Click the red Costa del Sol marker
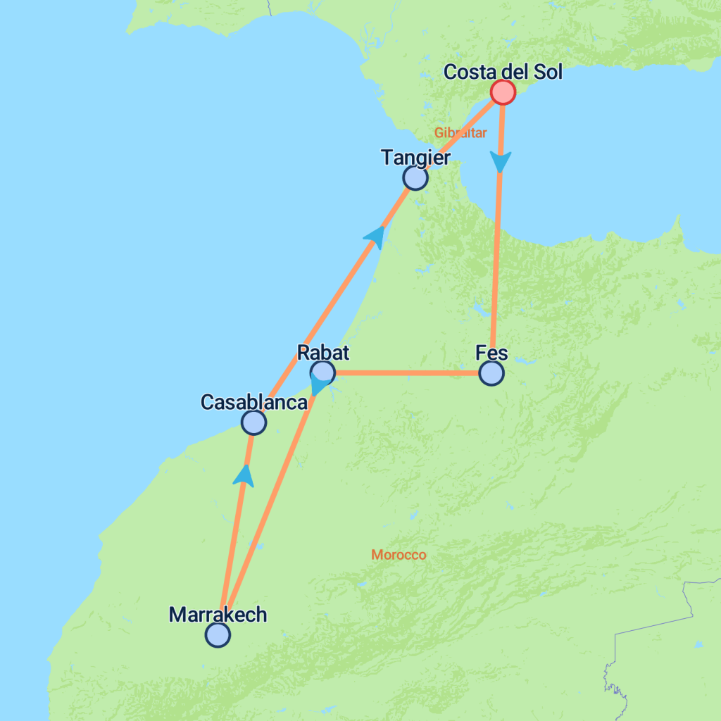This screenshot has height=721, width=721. [x=503, y=92]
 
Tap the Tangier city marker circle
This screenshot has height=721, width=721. [x=415, y=178]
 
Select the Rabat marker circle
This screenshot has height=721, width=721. [x=322, y=372]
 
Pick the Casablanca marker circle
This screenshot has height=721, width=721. [x=253, y=422]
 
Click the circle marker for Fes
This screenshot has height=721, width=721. [x=491, y=373]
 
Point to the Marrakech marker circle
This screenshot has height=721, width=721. [x=218, y=635]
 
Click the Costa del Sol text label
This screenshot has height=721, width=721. [x=503, y=72]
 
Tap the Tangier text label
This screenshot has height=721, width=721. [x=415, y=158]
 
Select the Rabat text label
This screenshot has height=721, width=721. [x=323, y=352]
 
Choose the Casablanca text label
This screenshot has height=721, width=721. [x=254, y=402]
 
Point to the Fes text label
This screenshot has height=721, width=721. [x=491, y=352]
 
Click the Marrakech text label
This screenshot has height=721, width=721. [x=218, y=615]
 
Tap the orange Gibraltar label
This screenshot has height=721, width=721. [x=460, y=132]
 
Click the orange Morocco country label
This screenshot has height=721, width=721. [x=399, y=556]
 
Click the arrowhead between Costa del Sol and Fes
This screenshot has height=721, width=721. [x=501, y=163]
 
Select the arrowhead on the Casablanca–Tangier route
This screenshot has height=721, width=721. [x=375, y=237]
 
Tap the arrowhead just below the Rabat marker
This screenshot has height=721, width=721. [x=320, y=386]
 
